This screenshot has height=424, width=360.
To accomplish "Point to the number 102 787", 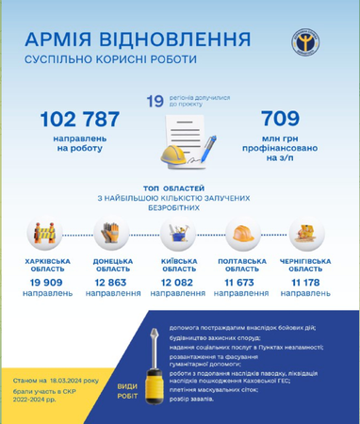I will tap(80, 120).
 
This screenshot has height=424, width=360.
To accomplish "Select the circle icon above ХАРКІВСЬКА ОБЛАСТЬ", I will tap(47, 235).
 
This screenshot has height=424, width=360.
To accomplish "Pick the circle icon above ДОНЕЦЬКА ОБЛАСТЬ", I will tap(111, 235).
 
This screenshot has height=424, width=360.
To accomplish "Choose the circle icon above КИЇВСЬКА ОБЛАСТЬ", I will tap(178, 235).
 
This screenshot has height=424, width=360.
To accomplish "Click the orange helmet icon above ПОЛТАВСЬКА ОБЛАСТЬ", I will tap(242, 235).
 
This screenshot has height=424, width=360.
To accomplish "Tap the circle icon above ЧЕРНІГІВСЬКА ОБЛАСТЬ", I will tap(306, 235).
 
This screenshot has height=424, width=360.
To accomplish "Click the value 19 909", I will tap(47, 282).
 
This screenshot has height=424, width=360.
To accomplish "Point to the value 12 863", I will tap(112, 282).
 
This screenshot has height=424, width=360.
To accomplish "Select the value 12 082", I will tap(177, 282).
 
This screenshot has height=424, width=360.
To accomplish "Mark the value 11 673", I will tap(242, 282).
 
